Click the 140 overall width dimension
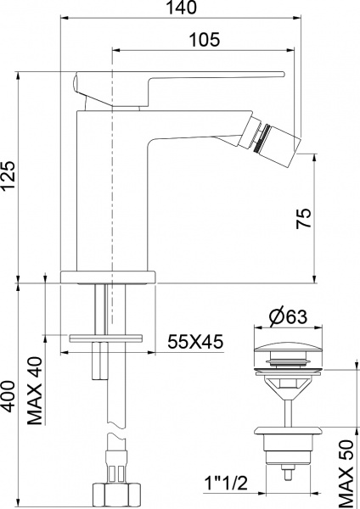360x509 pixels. coord(183,8)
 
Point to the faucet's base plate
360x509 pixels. coord(110,276)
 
